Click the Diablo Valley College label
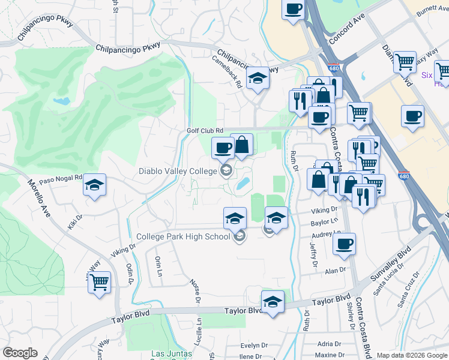click(x=177, y=171)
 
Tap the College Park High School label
click(x=183, y=236)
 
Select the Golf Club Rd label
click(x=204, y=130)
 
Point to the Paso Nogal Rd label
click(x=60, y=179)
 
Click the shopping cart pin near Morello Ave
click(x=99, y=281)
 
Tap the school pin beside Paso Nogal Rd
click(x=94, y=185)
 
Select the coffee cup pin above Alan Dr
click(x=344, y=244)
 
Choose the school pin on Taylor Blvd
click(x=272, y=301)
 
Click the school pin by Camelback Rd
click(x=258, y=78)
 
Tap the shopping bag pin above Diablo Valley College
click(x=241, y=145)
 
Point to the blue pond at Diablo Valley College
click(x=243, y=184)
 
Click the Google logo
click(x=20, y=353)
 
